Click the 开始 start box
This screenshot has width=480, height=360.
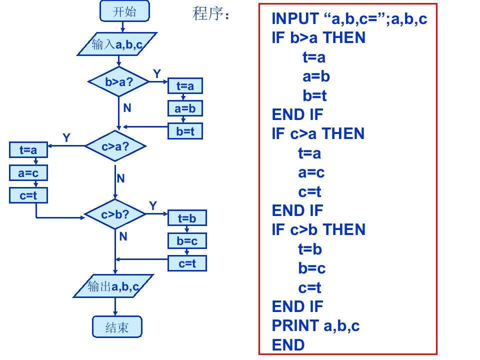click(x=124, y=11)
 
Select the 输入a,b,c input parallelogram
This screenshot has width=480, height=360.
click(x=117, y=44)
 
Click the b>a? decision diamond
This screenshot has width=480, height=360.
click(x=118, y=81)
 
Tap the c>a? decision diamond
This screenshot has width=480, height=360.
click(x=115, y=146)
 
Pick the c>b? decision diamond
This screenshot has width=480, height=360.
click(x=115, y=214)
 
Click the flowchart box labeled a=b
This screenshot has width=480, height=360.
click(x=185, y=108)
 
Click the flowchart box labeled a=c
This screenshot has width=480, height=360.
click(x=28, y=173)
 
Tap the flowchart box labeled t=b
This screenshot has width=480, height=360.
click(x=187, y=218)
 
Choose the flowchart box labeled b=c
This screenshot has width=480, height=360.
click(x=187, y=241)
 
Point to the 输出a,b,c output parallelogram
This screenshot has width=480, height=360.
click(x=113, y=286)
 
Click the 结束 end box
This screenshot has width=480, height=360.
click(x=117, y=327)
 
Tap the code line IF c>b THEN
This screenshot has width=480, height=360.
click(x=318, y=229)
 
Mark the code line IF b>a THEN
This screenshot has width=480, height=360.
click(x=318, y=37)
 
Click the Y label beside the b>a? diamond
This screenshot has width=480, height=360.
click(x=156, y=74)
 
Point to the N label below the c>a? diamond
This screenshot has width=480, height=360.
click(x=121, y=178)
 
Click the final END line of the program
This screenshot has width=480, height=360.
click(x=288, y=345)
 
